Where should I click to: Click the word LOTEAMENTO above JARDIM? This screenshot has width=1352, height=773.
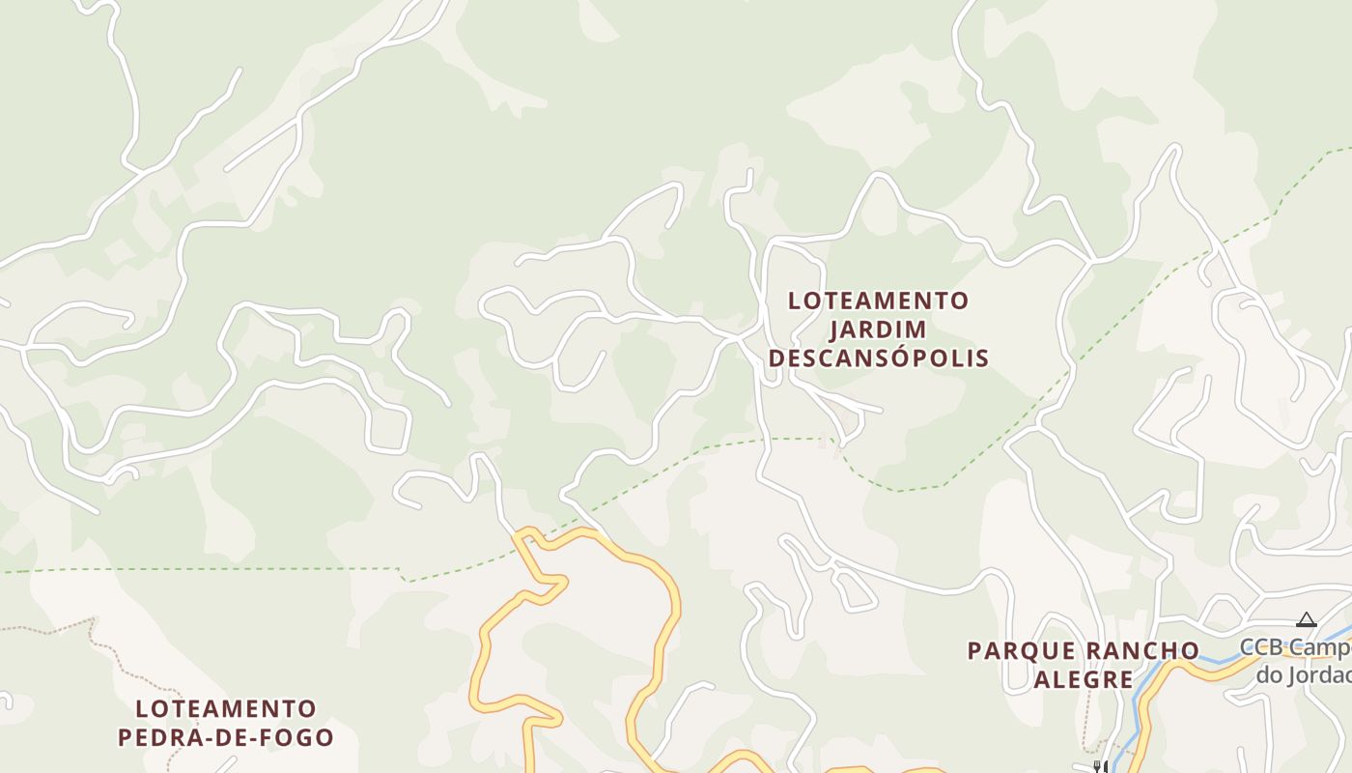pos(877,301)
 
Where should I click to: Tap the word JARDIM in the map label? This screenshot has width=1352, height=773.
pos(878,329)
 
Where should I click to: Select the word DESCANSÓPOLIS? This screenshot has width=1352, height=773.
pos(878,358)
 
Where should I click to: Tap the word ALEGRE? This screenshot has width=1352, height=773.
pos(1083,679)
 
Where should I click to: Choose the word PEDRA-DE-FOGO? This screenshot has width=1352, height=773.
pos(225,737)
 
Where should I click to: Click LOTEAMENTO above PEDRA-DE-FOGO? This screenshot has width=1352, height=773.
pos(225,708)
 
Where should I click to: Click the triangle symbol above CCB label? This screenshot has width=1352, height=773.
pos(1306,619)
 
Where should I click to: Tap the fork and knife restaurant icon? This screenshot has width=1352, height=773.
pos(1098,766)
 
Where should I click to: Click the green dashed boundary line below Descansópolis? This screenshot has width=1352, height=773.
pos(898,489)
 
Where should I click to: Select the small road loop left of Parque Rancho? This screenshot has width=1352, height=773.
pos(856,592)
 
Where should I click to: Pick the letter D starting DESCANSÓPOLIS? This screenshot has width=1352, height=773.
pos(775,358)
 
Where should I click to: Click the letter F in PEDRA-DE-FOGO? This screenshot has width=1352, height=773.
pos(269,737)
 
